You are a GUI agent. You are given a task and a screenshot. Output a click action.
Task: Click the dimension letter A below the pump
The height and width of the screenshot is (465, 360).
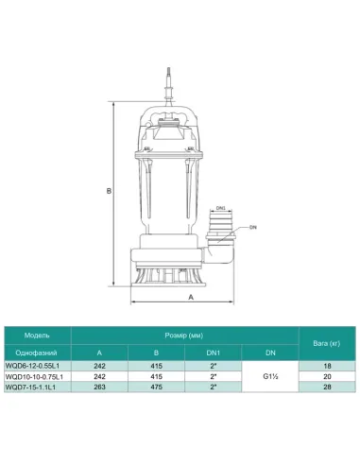click(192, 297)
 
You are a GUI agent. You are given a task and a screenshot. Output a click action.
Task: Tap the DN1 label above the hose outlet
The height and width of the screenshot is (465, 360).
click(219, 208)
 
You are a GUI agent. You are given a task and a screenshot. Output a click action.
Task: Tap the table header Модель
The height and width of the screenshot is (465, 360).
click(37, 334)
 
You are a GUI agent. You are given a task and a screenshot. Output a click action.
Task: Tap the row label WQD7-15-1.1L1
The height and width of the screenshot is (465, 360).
click(37, 386)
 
